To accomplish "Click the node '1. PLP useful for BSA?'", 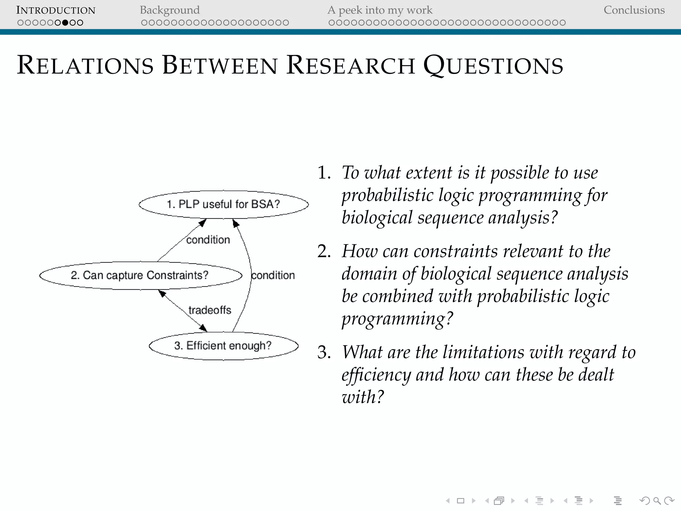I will (223, 204).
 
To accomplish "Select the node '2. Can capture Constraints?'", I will (140, 275).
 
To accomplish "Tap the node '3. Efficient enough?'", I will (223, 346).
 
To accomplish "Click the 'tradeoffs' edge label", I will (209, 310).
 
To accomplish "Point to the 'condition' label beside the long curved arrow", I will (273, 275).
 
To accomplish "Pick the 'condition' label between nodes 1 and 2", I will (208, 240).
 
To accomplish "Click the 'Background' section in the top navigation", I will (170, 10).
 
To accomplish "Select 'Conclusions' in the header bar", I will (634, 10).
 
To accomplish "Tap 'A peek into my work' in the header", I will (380, 10).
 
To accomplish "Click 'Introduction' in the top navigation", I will (56, 10).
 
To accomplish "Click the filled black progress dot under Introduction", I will (65, 23).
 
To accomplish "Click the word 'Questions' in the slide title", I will (493, 65).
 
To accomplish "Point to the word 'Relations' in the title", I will (85, 65).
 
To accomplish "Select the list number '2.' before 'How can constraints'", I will (324, 251).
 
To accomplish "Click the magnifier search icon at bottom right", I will (657, 501).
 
